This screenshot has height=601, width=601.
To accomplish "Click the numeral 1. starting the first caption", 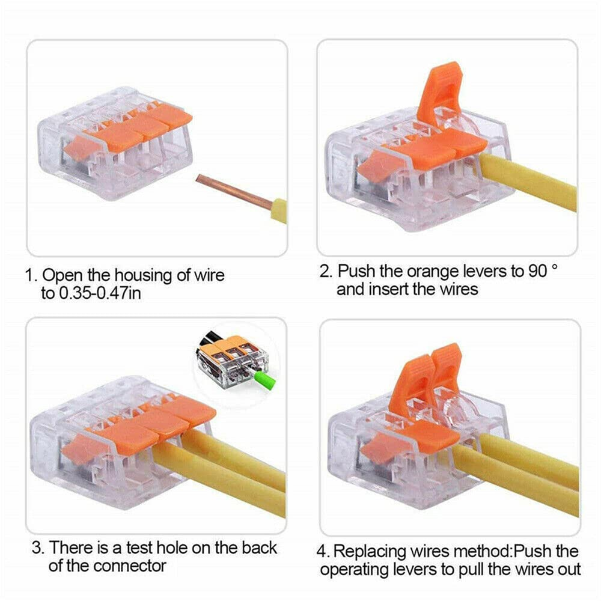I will [x=30, y=276].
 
